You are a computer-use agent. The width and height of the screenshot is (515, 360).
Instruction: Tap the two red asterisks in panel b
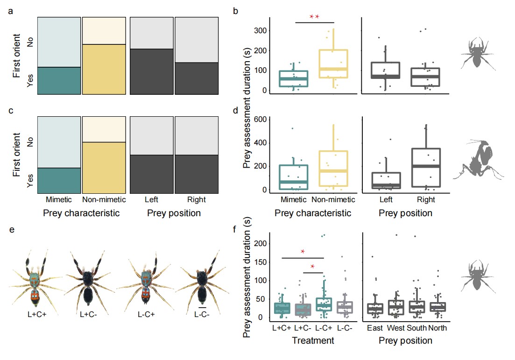click(x=314, y=17)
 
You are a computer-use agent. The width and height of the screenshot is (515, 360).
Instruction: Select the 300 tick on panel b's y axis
click(x=260, y=31)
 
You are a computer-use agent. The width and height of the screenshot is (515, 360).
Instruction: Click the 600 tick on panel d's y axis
click(x=260, y=120)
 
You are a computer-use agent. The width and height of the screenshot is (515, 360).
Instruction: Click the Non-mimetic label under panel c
click(x=104, y=200)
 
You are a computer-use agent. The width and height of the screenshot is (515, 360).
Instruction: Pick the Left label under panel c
click(x=151, y=200)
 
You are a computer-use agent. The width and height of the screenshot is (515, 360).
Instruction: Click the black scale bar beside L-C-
click(x=202, y=308)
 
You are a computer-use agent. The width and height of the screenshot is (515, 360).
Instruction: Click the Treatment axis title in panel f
click(x=313, y=341)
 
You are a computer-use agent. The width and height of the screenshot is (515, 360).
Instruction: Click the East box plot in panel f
click(x=375, y=309)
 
